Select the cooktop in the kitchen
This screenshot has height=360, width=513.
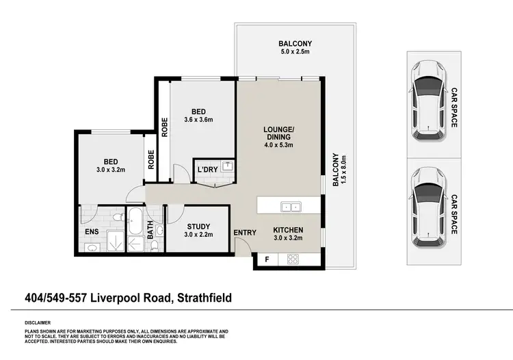(x=293, y=259)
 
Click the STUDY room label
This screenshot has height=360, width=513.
(x=198, y=226)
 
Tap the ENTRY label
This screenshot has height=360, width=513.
(x=245, y=233)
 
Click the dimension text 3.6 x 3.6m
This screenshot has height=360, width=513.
(x=199, y=120)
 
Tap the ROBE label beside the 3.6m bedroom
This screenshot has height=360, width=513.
(x=164, y=127)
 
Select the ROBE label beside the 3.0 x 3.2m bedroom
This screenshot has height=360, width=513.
(x=150, y=160)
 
